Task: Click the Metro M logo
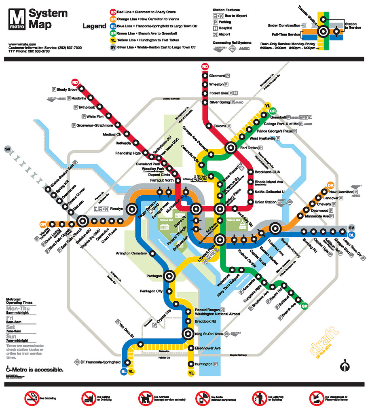[17, 20]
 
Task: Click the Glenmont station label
[217, 76]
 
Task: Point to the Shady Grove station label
[67, 89]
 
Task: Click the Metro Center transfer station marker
[196, 209]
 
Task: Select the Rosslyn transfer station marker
[131, 209]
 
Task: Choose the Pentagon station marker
[169, 276]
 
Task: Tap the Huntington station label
[203, 364]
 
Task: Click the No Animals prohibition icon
[144, 398]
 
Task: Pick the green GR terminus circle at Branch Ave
[305, 306]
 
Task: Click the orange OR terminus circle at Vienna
[43, 224]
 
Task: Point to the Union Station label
[265, 202]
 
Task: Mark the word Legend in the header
[94, 27]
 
